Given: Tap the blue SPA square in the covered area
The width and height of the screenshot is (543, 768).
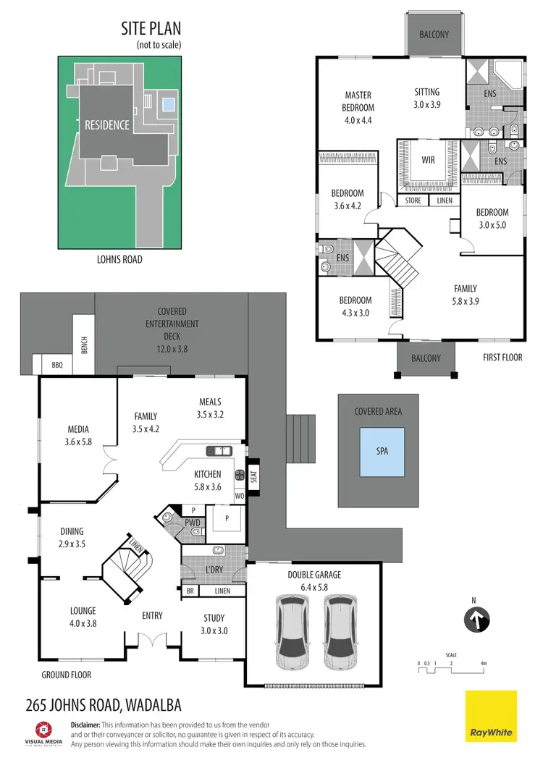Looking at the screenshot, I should coord(382,451).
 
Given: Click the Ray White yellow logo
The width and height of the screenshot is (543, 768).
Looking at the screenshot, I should coord(490,716).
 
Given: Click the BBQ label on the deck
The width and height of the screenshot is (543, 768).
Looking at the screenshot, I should coord(56,366).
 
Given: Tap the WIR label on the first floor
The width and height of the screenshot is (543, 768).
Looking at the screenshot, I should coord(428,160).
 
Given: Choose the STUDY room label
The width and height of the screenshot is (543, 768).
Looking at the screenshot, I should coord(214,618).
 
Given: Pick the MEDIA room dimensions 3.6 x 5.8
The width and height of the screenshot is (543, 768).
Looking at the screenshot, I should coord(78,442).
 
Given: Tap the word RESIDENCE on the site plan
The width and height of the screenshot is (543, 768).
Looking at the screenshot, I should coord(107,125).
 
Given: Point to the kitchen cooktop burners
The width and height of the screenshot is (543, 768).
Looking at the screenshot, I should coord(239,476).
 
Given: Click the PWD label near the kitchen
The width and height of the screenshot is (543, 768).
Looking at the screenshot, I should coord(193,522).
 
